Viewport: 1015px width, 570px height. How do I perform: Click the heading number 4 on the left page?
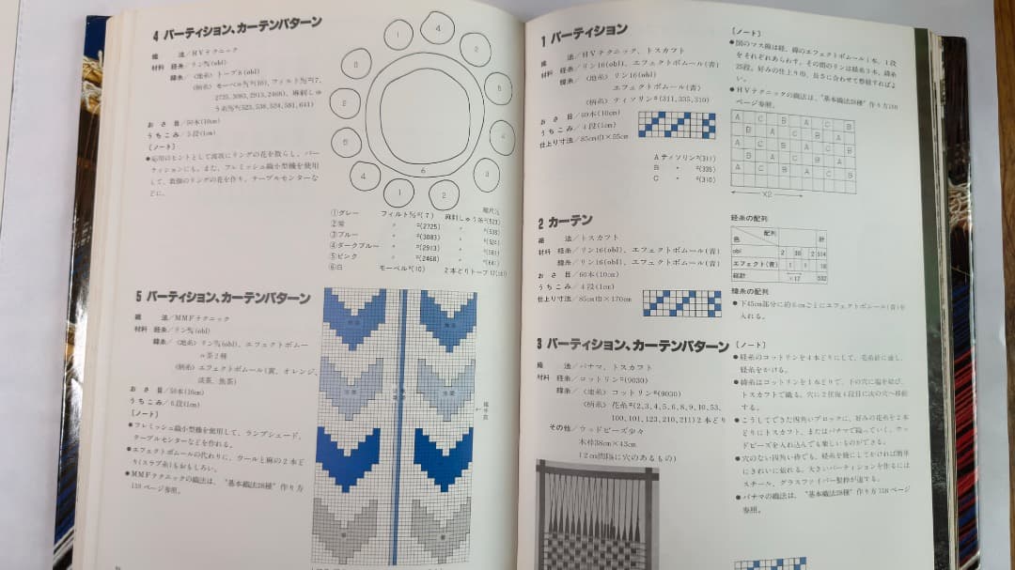(x=156, y=37)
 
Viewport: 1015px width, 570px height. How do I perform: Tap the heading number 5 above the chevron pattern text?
(x=138, y=297)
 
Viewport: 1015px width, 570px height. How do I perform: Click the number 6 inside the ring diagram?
(x=423, y=170)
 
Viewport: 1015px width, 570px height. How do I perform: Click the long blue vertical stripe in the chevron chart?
(x=399, y=423)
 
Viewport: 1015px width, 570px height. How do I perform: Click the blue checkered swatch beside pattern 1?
(x=676, y=125)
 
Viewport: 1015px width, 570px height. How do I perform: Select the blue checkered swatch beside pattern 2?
(x=681, y=302)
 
